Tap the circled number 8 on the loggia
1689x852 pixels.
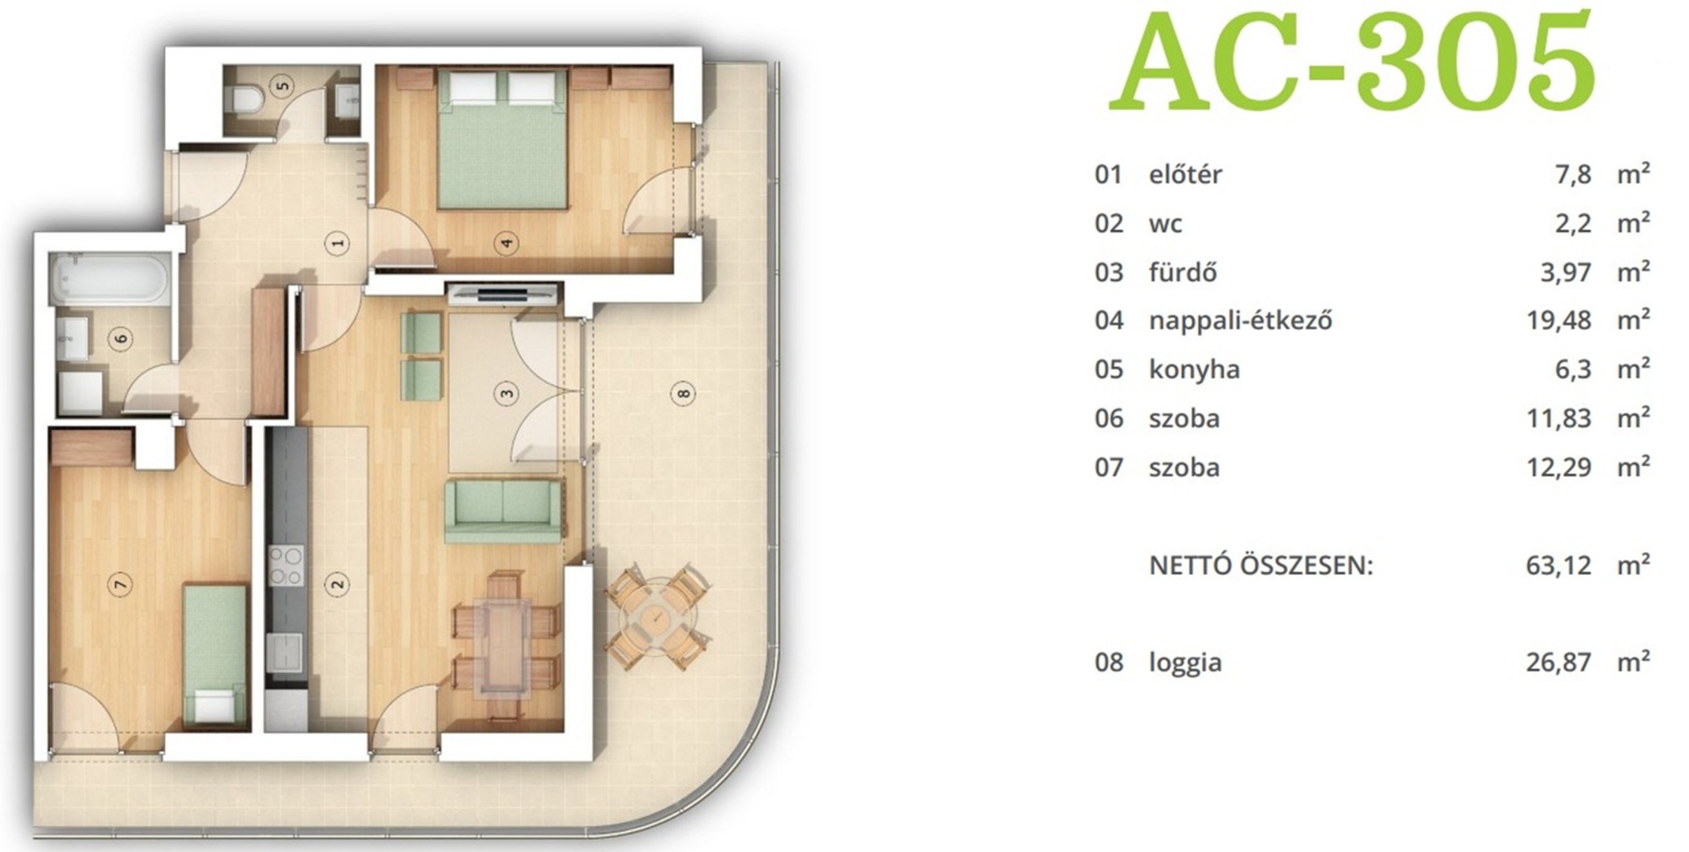click(683, 392)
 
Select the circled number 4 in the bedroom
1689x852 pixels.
click(506, 243)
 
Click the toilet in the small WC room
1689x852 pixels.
click(247, 98)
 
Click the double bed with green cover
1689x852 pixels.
click(502, 140)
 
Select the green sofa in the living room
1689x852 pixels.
click(504, 511)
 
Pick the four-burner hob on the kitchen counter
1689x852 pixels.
click(286, 566)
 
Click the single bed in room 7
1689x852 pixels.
click(214, 654)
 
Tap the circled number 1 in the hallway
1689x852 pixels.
click(339, 244)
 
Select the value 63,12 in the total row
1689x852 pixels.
click(1558, 566)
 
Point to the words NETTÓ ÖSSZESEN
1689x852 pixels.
click(1261, 566)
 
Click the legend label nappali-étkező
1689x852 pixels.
click(1241, 321)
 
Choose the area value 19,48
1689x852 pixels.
click(1558, 320)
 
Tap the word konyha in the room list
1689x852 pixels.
click(1194, 370)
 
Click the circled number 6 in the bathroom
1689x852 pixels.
click(122, 339)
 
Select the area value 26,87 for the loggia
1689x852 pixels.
click(1558, 662)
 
